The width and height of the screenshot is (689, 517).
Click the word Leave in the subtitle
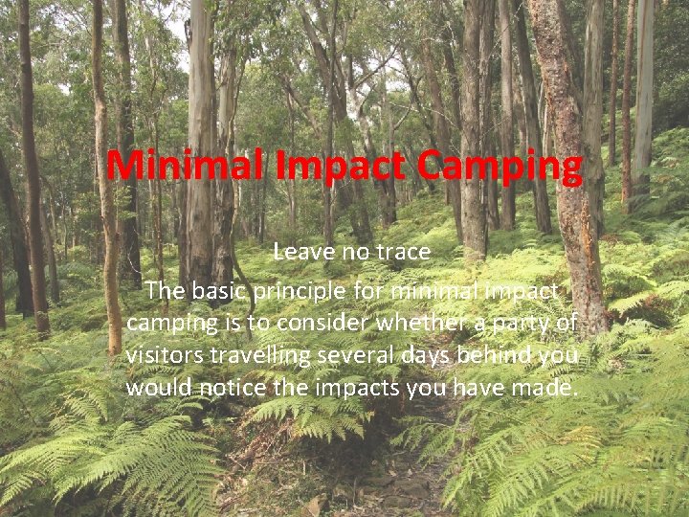pos(303,253)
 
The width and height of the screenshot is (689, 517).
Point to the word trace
pos(399,253)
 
